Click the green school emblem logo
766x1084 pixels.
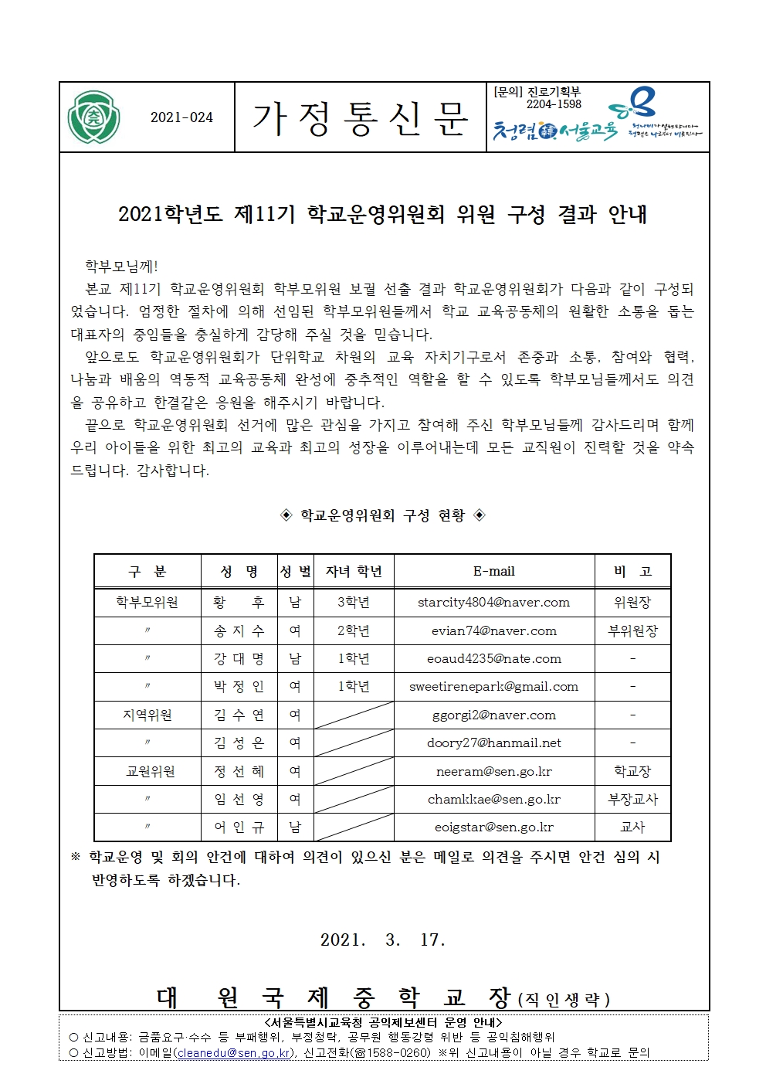click(x=93, y=117)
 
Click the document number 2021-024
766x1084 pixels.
click(x=181, y=117)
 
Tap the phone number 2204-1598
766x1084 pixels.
click(x=554, y=104)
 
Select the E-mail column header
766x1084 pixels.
click(x=493, y=572)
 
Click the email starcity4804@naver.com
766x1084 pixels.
click(x=493, y=603)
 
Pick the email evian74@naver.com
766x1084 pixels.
click(x=493, y=631)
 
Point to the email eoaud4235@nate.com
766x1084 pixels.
click(x=493, y=659)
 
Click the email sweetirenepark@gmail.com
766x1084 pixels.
click(x=493, y=687)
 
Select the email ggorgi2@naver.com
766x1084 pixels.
click(x=493, y=715)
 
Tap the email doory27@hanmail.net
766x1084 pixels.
click(x=493, y=743)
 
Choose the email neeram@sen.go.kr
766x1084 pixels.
click(x=493, y=772)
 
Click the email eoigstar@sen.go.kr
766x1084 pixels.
click(x=493, y=827)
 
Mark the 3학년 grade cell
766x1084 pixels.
click(x=354, y=603)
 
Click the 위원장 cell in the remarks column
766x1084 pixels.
click(x=632, y=603)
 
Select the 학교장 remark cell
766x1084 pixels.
click(x=632, y=772)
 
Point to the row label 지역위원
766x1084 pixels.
click(x=147, y=715)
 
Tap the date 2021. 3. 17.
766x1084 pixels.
click(x=383, y=940)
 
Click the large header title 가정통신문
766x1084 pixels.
click(x=360, y=118)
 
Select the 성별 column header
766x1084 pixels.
click(x=295, y=572)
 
